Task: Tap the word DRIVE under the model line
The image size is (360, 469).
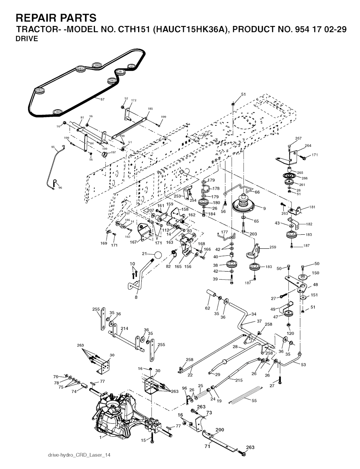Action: point(27,39)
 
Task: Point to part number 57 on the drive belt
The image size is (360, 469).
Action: point(102,99)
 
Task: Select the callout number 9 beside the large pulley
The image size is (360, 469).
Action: point(264,208)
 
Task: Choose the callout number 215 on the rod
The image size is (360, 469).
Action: point(239,380)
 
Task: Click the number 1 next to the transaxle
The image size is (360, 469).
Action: point(100,437)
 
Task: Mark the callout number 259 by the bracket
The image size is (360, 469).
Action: point(273,247)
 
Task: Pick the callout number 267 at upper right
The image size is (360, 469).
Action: point(298,138)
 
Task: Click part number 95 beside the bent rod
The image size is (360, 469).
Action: point(53,147)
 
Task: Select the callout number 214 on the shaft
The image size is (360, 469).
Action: point(124,329)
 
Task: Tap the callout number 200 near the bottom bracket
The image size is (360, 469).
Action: point(219,430)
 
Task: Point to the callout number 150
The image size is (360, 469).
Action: point(316,273)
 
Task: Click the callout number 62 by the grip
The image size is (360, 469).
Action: point(207,308)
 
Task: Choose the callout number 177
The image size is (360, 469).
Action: point(224,232)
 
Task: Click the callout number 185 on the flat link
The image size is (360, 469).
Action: point(150,109)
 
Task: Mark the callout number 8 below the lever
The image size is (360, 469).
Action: point(136,297)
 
